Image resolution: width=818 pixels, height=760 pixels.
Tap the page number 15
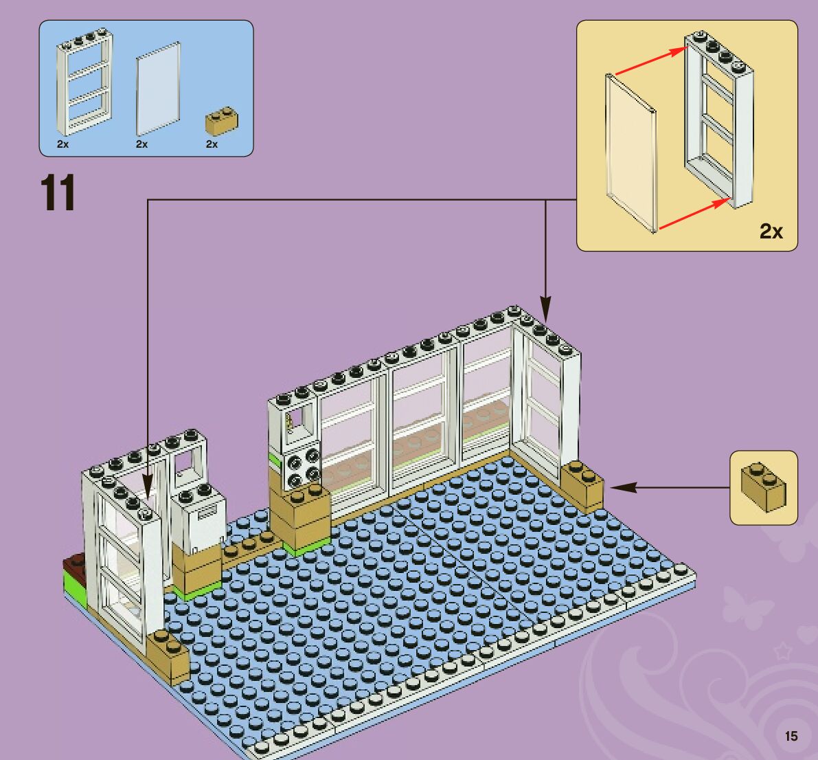point(791,736)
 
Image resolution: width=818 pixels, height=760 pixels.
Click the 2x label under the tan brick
point(212,144)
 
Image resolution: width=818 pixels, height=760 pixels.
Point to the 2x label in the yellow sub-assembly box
point(771,232)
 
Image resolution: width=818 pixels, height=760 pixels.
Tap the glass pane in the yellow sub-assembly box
point(629,151)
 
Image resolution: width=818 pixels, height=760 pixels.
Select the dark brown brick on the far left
point(73,567)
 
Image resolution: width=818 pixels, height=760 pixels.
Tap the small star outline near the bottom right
point(782,650)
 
